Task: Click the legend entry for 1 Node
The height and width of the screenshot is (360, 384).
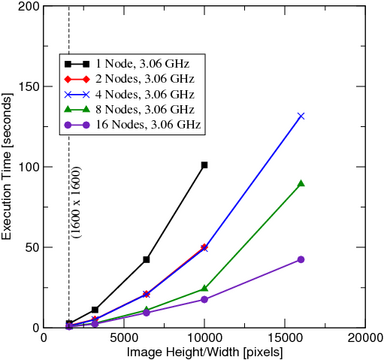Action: tap(127, 63)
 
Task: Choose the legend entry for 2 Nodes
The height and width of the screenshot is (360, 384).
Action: tap(129, 79)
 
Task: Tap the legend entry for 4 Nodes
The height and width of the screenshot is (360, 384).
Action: tap(129, 94)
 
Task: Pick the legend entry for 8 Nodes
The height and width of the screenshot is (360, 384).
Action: tap(129, 109)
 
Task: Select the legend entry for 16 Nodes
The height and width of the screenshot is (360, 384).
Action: tap(132, 125)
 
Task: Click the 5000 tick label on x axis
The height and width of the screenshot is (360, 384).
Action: tap(124, 338)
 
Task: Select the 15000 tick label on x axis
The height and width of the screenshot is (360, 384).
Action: tap(285, 338)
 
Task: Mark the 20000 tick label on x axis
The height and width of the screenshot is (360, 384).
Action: tap(365, 338)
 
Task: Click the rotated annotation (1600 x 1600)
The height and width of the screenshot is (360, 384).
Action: tap(78, 203)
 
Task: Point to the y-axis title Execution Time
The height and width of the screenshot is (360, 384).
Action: tap(7, 166)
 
